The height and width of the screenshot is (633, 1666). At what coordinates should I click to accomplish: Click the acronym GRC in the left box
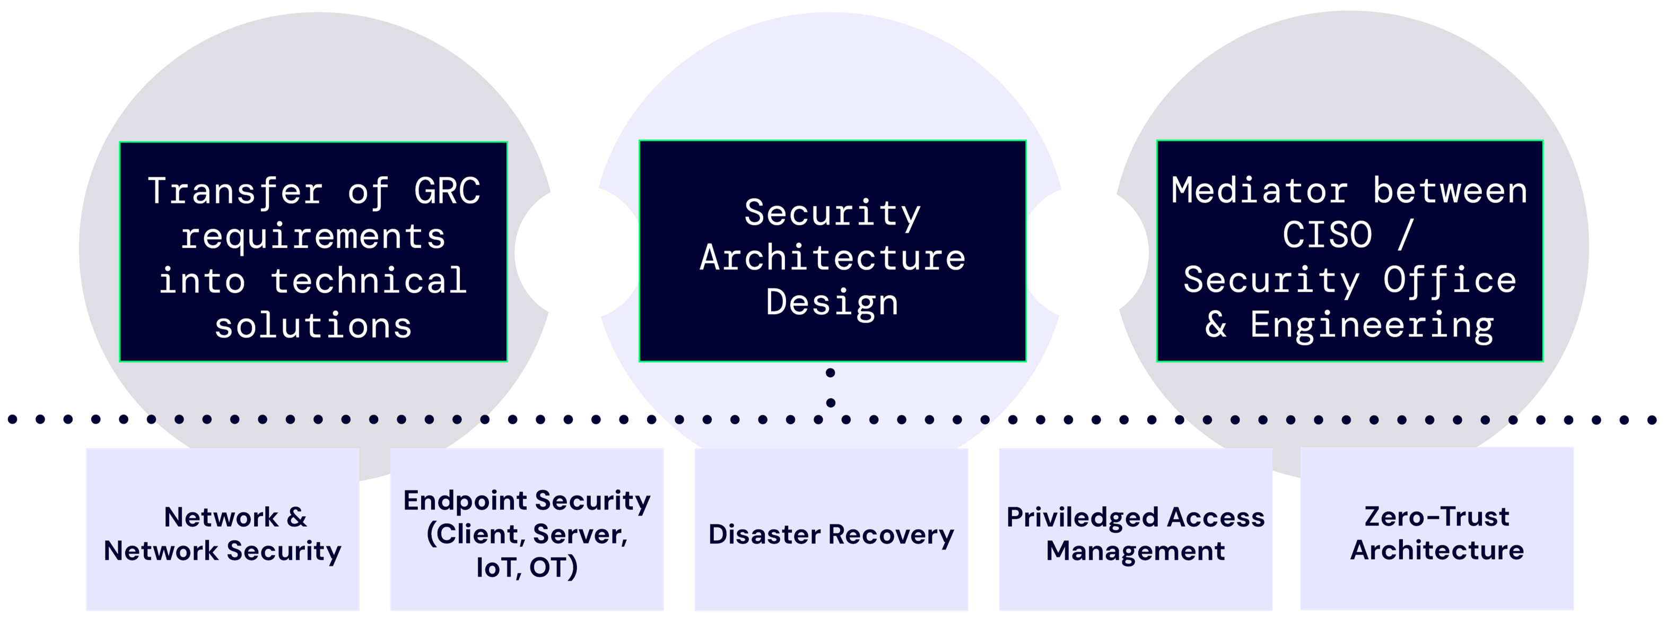447,191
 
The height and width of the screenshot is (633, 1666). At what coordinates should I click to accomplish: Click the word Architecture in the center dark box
832,257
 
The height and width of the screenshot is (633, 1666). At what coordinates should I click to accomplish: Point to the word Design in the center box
832,302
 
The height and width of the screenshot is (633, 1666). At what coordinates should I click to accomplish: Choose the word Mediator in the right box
1259,191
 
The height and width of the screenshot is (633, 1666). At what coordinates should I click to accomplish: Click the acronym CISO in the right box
1327,235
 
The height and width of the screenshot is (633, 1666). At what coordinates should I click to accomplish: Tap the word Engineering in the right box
1372,325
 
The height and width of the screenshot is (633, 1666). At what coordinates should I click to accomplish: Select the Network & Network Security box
222,530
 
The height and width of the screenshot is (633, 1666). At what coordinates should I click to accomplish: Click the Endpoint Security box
527,530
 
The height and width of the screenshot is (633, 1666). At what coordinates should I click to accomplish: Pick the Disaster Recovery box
831,530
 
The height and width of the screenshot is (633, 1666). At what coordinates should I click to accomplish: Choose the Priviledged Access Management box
1135,530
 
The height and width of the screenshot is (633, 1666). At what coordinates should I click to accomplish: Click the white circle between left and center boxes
578,253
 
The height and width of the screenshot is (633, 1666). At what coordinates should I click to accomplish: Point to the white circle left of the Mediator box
1085,253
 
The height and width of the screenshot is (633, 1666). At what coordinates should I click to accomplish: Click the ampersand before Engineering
1216,325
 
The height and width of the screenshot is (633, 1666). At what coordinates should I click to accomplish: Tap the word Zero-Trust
1436,516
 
